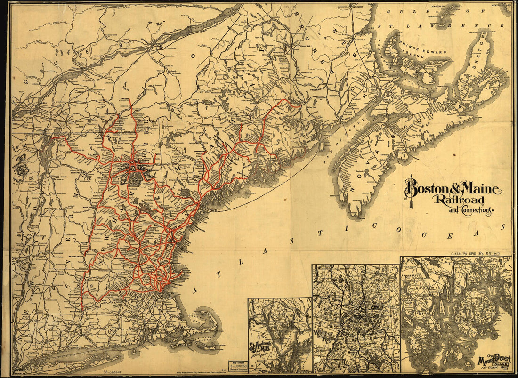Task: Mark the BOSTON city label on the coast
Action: [168, 293]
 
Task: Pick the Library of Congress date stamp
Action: [237, 365]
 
